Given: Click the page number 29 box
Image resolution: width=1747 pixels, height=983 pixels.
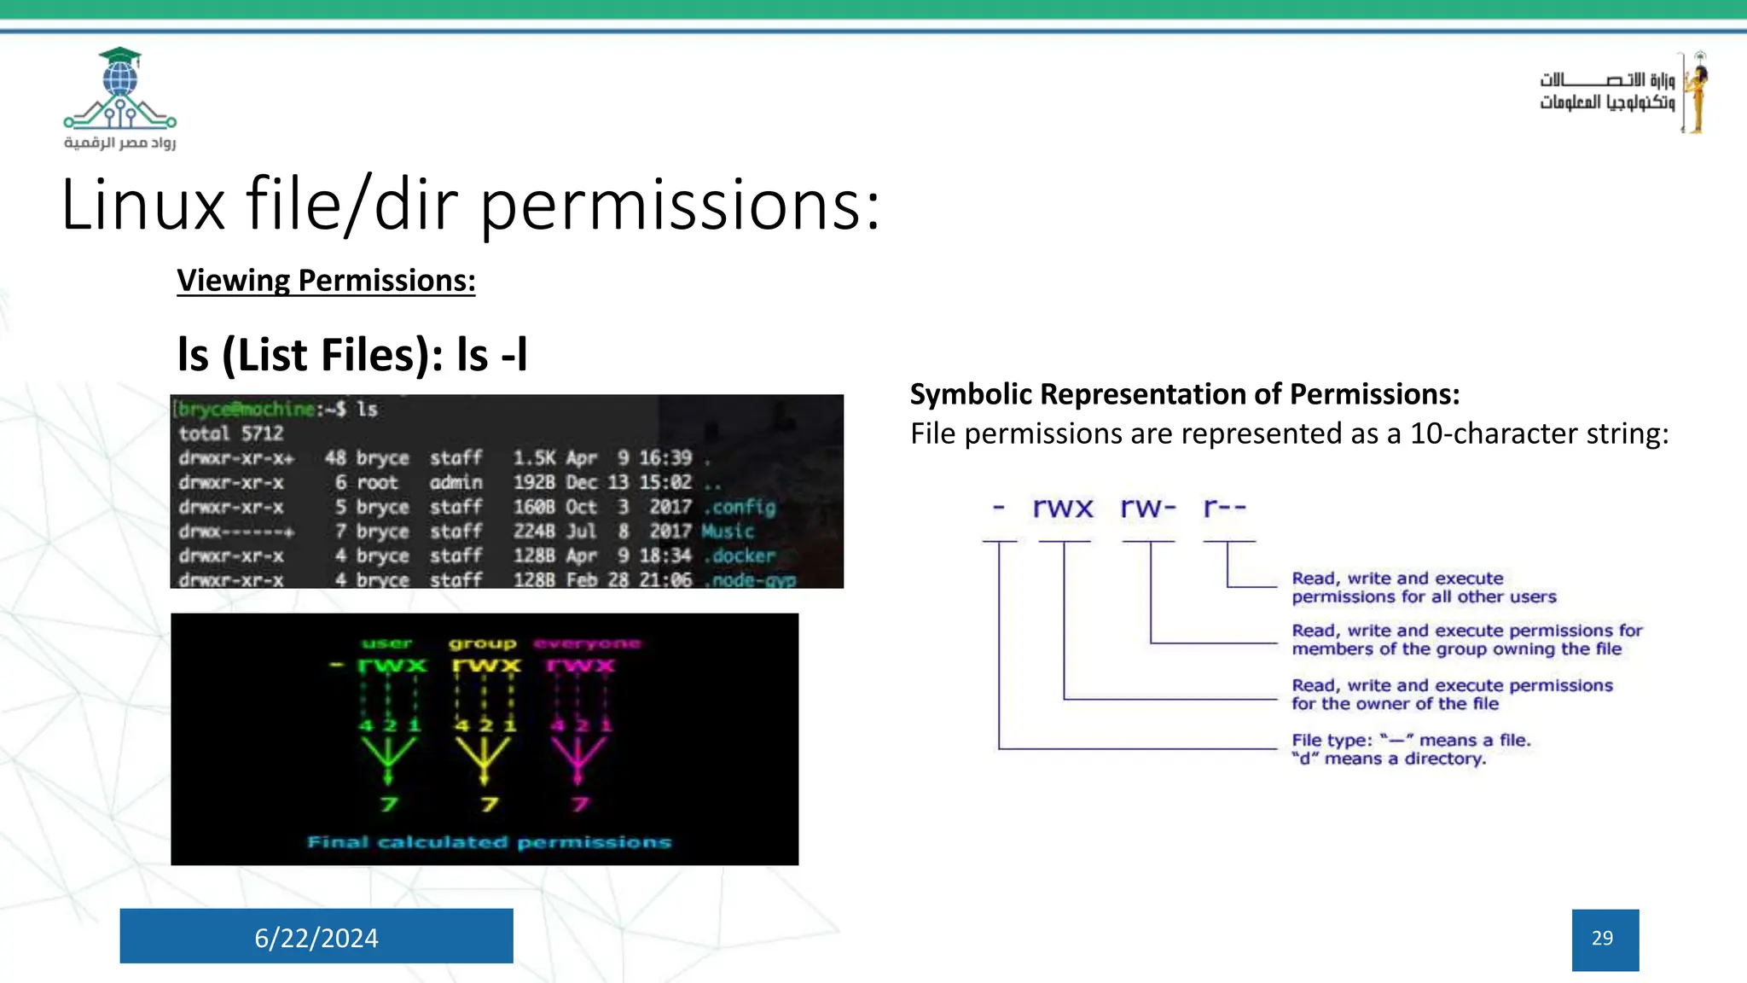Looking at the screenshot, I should [x=1605, y=939].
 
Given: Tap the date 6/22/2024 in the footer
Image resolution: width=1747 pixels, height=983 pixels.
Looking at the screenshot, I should [x=316, y=938].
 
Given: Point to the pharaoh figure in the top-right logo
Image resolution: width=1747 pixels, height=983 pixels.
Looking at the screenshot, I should [x=1697, y=92].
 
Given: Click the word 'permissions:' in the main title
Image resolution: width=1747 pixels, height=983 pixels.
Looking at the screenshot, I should [x=680, y=206].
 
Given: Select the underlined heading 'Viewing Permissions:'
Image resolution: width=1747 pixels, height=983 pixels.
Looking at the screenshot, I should [x=326, y=281].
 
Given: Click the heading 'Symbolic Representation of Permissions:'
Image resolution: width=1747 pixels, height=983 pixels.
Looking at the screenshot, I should [x=1184, y=394].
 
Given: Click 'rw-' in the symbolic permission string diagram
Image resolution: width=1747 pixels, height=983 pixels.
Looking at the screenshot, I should [x=1148, y=508].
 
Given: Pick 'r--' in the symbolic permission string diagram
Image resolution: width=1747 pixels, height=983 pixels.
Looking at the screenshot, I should [x=1225, y=508].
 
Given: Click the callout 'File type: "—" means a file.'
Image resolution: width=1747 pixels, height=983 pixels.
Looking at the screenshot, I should [x=1411, y=740].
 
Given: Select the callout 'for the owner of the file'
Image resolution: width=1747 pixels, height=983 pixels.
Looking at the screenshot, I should [x=1395, y=704].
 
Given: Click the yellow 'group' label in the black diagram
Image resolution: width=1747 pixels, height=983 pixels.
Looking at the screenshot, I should [x=483, y=643].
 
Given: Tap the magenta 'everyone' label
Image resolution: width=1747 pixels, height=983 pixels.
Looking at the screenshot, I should [x=587, y=643].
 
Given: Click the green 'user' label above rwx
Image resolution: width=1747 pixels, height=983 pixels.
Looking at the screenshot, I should [x=387, y=643].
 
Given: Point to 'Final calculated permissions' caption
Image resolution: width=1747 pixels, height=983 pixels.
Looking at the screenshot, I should [x=489, y=842].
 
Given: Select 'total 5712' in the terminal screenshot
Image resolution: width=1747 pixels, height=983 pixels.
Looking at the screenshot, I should [x=230, y=433].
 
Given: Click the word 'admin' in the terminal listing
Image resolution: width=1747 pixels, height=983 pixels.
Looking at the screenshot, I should [x=456, y=483].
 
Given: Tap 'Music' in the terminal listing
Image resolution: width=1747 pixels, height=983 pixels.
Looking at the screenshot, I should [x=728, y=531].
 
